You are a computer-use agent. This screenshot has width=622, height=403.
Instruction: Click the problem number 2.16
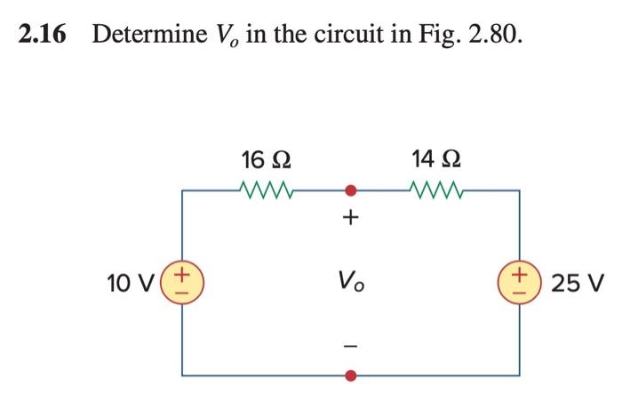click(x=44, y=36)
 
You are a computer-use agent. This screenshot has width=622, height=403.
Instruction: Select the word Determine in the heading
click(x=145, y=36)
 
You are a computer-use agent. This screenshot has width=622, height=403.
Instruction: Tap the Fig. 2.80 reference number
click(x=494, y=36)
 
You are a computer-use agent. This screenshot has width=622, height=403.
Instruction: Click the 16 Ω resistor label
click(x=264, y=161)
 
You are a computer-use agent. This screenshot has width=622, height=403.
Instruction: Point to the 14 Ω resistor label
click(x=435, y=161)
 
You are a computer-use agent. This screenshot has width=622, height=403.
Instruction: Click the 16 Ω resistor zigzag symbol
click(x=264, y=189)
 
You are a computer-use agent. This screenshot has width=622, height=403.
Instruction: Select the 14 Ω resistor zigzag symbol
click(x=435, y=189)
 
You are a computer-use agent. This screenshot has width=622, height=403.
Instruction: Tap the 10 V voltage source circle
click(x=183, y=282)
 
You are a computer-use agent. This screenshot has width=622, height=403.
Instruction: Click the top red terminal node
click(x=351, y=189)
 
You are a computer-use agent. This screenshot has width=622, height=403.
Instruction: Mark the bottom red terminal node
click(x=351, y=375)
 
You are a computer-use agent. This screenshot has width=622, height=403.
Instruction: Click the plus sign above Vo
click(x=351, y=217)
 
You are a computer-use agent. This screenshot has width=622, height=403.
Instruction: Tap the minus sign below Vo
click(x=351, y=343)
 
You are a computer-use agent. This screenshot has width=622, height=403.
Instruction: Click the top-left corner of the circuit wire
click(x=183, y=189)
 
